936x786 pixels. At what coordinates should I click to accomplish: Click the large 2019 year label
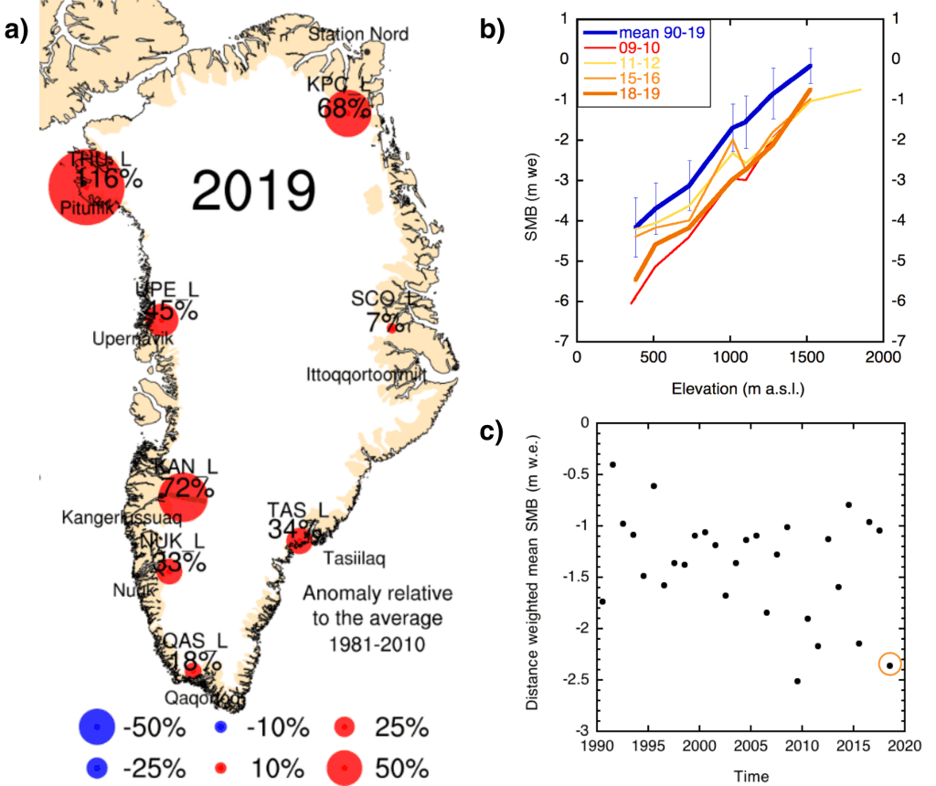coord(255,191)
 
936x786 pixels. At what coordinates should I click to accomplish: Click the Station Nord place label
coord(348,34)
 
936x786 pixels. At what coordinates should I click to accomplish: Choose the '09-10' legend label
coord(643,48)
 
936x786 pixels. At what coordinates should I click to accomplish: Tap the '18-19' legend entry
coord(643,93)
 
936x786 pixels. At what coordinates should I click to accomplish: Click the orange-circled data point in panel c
coord(889,665)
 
